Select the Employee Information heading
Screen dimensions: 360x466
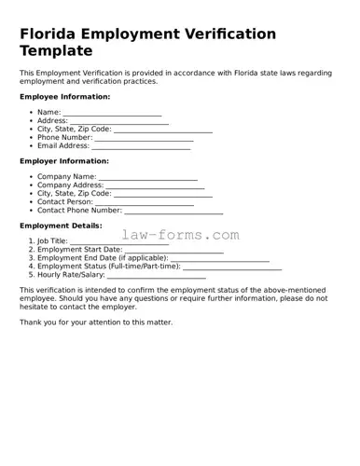click(64, 97)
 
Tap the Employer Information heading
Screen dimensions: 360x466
click(64, 160)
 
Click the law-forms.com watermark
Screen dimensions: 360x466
click(180, 236)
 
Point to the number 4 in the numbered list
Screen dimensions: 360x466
click(31, 267)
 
